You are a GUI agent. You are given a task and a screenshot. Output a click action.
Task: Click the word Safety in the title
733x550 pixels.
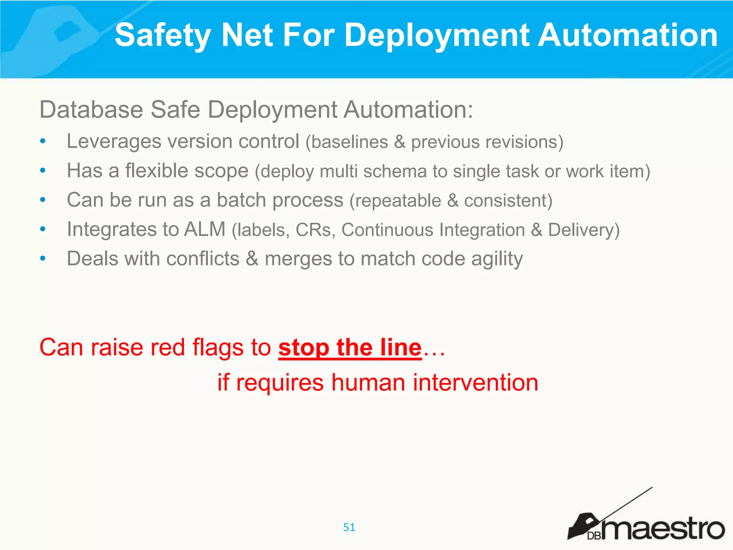[x=163, y=36]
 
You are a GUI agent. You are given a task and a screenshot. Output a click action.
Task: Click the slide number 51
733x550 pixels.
[x=349, y=527]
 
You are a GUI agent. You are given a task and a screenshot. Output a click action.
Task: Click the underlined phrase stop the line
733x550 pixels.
[x=350, y=347]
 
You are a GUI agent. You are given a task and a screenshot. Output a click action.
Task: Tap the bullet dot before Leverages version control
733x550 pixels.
[x=43, y=141]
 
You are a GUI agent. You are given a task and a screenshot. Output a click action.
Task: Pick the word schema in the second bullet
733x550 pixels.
[x=395, y=171]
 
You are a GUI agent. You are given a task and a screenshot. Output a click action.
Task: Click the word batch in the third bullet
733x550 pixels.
[x=241, y=200]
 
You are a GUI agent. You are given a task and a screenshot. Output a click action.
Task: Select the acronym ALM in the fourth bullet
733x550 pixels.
[x=205, y=229]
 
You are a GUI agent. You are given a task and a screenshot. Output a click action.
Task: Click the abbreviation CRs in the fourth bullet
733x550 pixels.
[x=315, y=230]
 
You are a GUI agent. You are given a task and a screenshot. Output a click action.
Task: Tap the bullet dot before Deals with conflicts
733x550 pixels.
[x=43, y=259]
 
